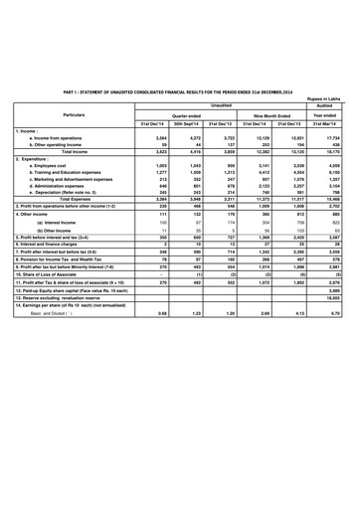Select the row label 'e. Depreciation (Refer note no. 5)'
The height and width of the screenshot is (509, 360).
pos(70,193)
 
